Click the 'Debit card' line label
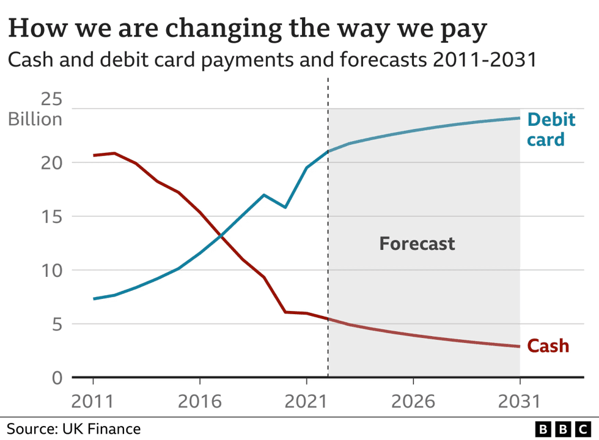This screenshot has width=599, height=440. pyautogui.click(x=551, y=129)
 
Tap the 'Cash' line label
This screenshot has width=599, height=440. pyautogui.click(x=548, y=346)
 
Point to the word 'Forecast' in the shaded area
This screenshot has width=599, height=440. pyautogui.click(x=417, y=244)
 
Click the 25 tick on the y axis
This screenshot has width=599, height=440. pyautogui.click(x=52, y=99)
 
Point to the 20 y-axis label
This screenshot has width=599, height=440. pyautogui.click(x=52, y=163)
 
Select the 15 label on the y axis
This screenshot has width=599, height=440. pyautogui.click(x=52, y=216)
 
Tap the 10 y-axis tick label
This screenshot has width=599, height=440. pyautogui.click(x=52, y=270)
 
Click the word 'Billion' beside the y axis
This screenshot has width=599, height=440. pyautogui.click(x=35, y=119)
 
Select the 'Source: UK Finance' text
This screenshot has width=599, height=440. pyautogui.click(x=74, y=428)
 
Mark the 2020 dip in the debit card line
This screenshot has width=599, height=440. pyautogui.click(x=285, y=207)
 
